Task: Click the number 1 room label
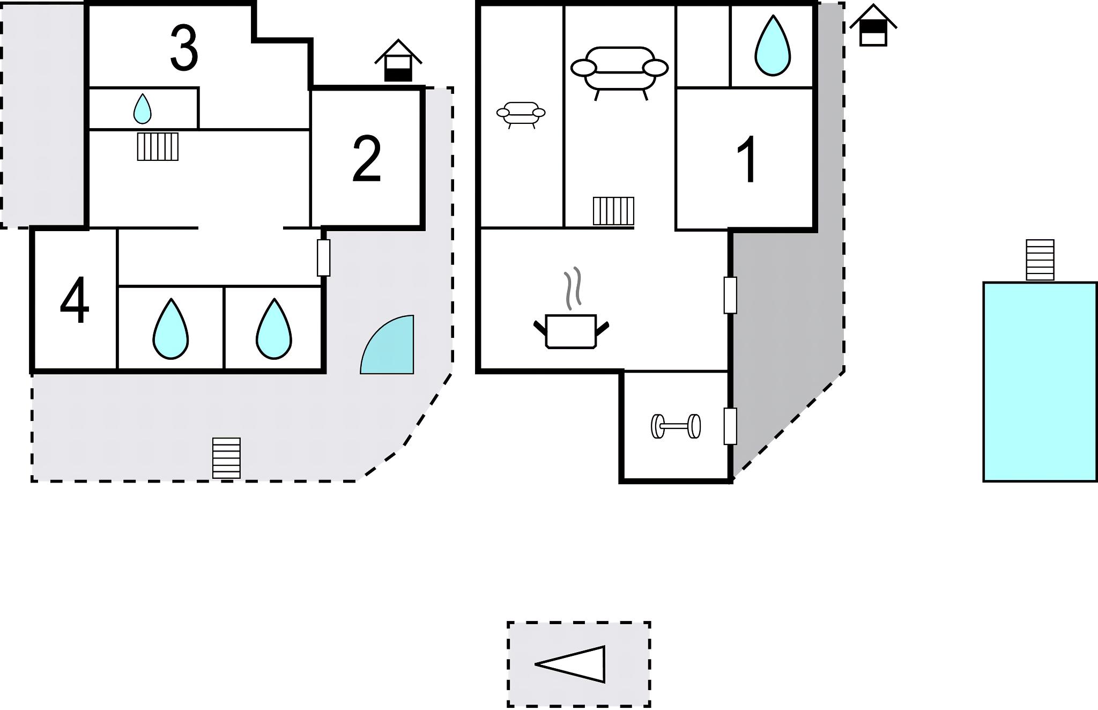(747, 160)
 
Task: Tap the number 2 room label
(367, 159)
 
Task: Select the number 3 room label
(184, 49)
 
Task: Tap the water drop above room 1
(773, 46)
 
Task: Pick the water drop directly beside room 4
(170, 329)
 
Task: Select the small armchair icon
(521, 114)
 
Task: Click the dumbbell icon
(676, 426)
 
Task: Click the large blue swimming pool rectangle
(1040, 381)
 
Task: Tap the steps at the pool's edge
(1040, 260)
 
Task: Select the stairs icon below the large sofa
(613, 211)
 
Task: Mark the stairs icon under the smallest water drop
(158, 146)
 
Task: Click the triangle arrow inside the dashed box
(574, 664)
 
